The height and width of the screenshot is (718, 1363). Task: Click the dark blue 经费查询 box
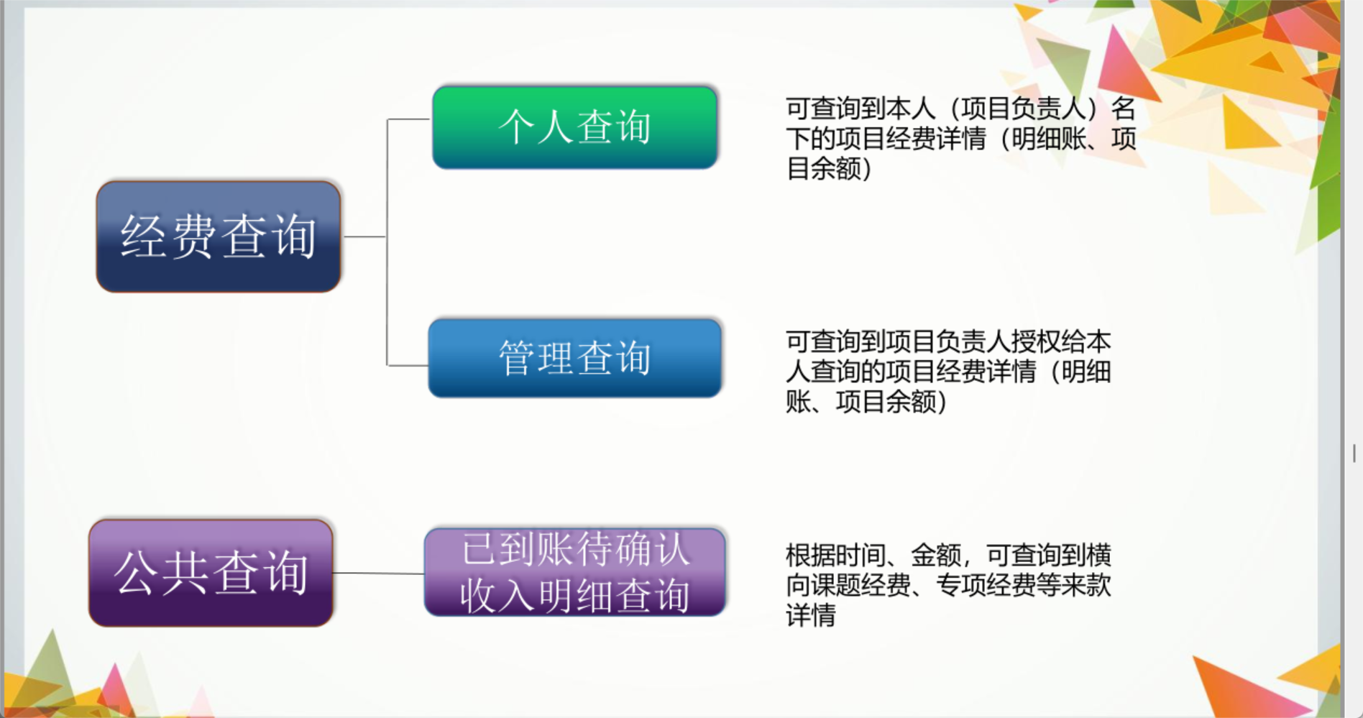tap(219, 236)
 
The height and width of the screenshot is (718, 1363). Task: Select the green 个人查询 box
tap(575, 127)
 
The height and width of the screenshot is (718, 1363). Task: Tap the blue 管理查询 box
tap(575, 358)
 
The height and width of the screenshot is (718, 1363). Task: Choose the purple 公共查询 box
tap(211, 573)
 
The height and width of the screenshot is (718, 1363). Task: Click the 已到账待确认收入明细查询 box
tap(575, 572)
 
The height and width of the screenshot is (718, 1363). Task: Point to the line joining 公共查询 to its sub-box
tap(379, 574)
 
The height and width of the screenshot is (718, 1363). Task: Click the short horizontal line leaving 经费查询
tap(364, 236)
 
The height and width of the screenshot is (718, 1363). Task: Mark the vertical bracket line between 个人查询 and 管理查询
tap(387, 242)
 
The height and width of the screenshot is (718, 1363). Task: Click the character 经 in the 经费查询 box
tap(144, 236)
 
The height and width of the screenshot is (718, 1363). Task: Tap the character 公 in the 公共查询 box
tap(137, 573)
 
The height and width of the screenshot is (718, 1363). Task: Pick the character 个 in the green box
tap(517, 127)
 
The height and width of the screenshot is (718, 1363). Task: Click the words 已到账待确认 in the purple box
tap(575, 550)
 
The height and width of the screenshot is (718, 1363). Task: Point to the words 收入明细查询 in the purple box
tap(575, 596)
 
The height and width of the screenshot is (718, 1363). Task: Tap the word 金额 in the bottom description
tap(936, 556)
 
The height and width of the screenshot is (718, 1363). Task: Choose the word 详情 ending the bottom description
tap(811, 616)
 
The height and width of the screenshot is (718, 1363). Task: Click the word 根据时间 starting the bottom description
tap(836, 556)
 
